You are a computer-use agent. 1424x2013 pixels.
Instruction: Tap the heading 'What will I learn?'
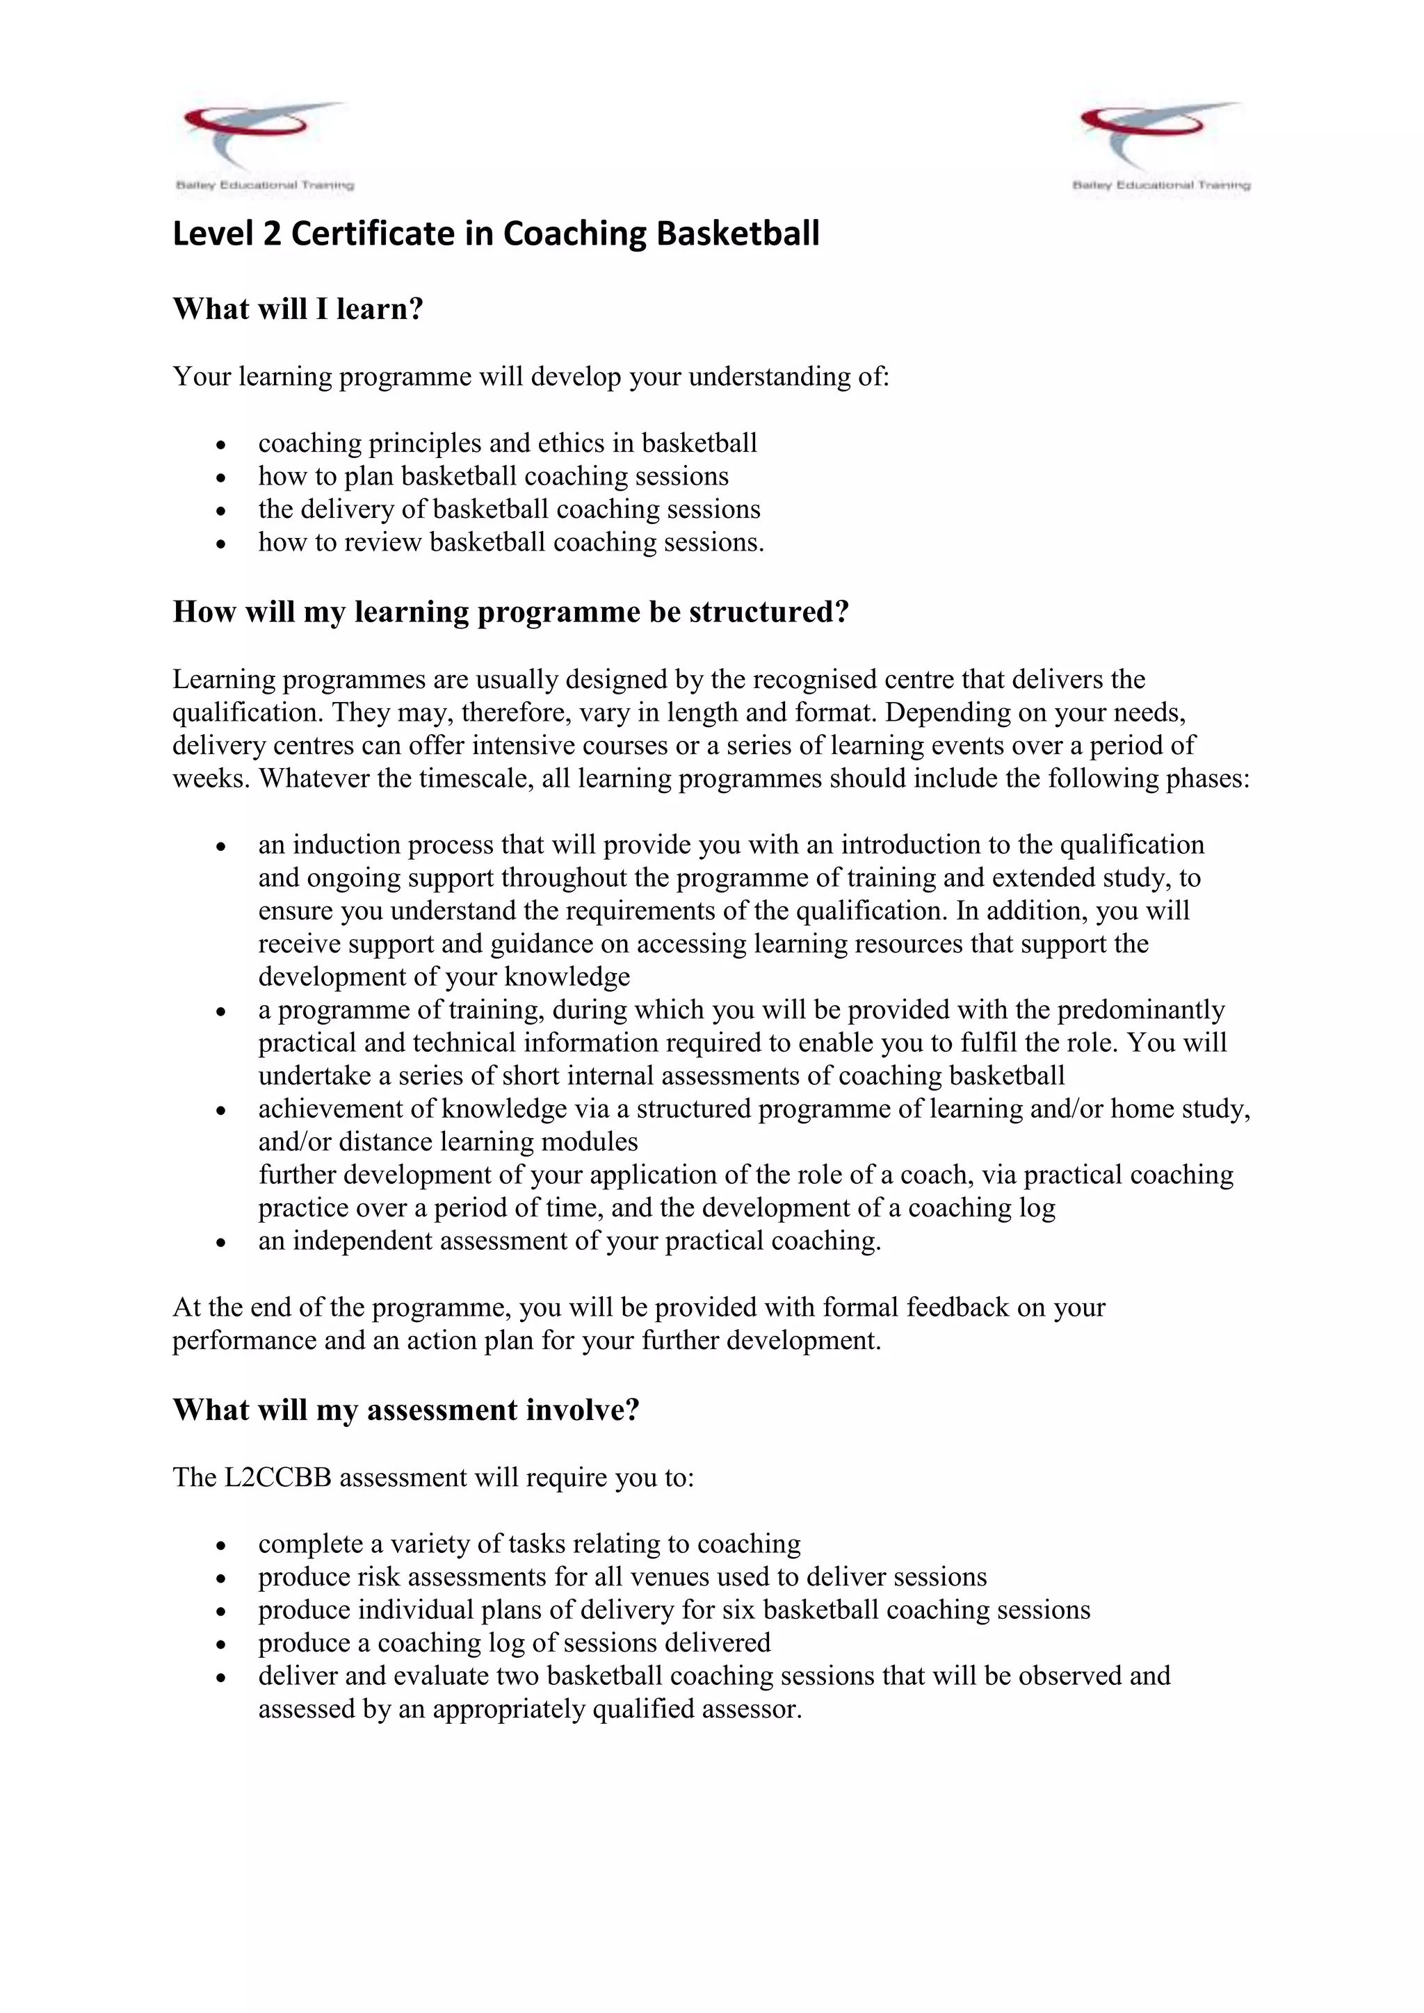[x=298, y=309]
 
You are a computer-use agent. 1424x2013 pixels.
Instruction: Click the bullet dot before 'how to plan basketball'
[x=221, y=478]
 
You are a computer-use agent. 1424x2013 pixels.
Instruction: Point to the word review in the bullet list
[x=382, y=543]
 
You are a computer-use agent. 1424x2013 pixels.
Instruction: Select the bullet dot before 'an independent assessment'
[x=221, y=1242]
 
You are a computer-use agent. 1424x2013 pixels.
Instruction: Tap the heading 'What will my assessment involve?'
[x=406, y=1409]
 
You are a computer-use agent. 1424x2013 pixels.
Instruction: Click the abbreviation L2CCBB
[x=279, y=1477]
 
